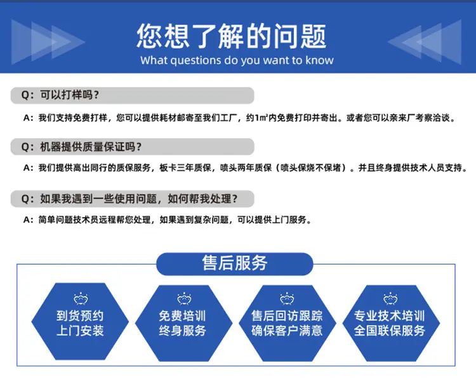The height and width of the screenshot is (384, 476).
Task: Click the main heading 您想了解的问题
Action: (231, 36)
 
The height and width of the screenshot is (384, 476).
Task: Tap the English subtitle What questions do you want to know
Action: (237, 60)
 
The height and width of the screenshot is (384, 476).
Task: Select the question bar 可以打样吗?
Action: (133, 95)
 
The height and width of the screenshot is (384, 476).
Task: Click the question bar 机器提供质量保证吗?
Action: (133, 147)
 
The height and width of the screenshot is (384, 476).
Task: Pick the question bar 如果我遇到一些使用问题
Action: (133, 199)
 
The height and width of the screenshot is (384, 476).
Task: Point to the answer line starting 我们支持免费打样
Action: (239, 118)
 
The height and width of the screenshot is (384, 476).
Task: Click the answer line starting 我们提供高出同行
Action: (246, 168)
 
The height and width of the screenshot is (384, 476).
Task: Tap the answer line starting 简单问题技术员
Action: (168, 220)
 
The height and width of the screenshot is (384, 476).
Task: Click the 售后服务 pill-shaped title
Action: (235, 263)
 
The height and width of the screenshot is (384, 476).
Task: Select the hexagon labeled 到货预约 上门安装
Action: (80, 321)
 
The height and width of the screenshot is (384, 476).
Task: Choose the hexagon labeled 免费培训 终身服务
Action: (183, 322)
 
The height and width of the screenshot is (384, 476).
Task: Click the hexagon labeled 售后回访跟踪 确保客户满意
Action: (287, 322)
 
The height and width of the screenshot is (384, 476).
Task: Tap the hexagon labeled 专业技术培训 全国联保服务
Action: (391, 322)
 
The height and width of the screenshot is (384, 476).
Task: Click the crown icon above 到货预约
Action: (81, 299)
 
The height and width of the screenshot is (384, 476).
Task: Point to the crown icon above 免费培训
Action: (184, 299)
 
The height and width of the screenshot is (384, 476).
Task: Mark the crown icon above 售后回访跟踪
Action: (287, 299)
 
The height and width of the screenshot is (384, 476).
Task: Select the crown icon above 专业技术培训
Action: (390, 299)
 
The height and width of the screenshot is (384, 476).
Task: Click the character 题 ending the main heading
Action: (314, 36)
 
